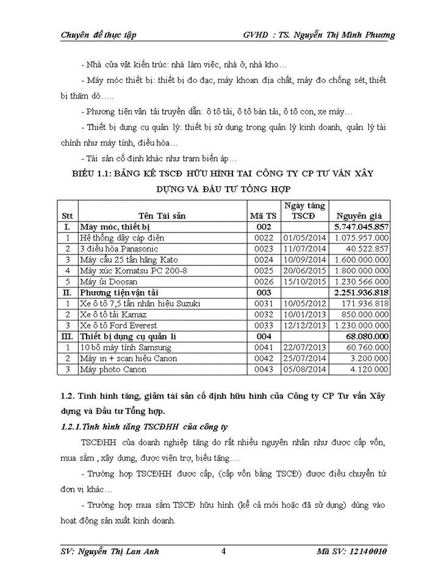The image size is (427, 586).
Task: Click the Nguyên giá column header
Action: (360, 215)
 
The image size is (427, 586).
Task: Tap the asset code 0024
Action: (264, 259)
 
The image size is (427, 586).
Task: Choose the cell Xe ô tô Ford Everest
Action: (118, 325)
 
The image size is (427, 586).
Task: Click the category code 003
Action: (264, 292)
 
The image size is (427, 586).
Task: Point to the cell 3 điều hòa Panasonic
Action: (119, 248)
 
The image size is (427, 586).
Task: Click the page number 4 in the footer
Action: (223, 552)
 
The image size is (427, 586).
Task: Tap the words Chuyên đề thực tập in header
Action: (99, 35)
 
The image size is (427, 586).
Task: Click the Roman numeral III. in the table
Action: (68, 336)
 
